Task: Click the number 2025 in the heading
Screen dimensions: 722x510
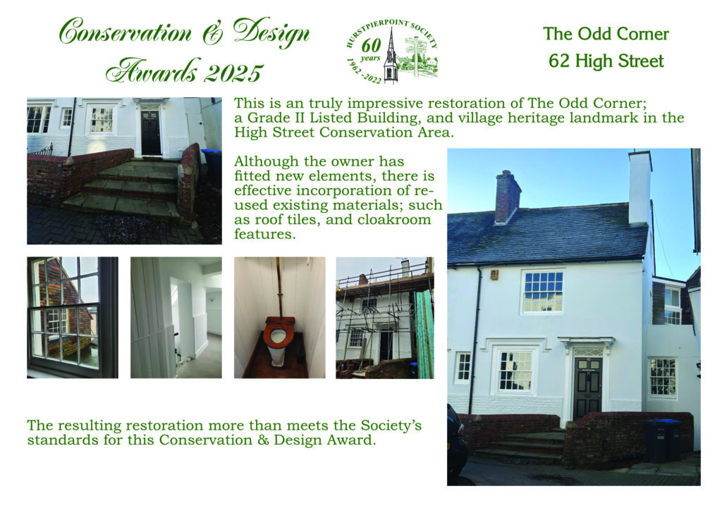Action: [233, 73]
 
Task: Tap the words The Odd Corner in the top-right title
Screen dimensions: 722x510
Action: [606, 34]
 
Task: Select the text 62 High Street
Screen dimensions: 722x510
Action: [606, 61]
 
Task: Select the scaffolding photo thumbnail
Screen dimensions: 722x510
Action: [384, 318]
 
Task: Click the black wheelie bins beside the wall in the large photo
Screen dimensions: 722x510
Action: [663, 440]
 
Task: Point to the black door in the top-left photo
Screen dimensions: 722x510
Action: [151, 132]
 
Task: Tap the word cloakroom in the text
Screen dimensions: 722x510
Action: [394, 219]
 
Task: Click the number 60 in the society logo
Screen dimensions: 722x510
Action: [371, 46]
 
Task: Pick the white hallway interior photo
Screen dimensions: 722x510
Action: [176, 318]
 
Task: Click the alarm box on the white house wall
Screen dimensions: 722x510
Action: [494, 275]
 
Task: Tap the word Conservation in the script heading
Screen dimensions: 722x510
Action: [125, 32]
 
